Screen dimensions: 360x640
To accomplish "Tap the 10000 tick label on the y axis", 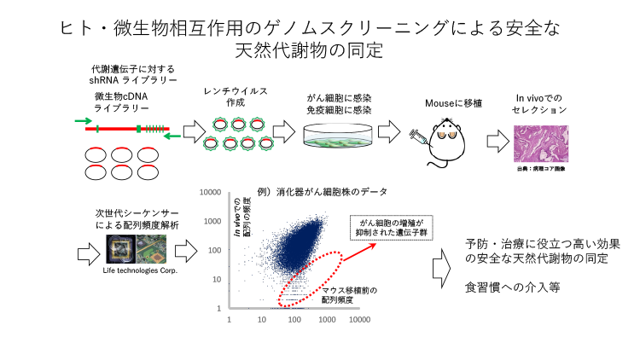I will (210, 194).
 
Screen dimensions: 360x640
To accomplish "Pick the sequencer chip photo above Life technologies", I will (138, 249).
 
